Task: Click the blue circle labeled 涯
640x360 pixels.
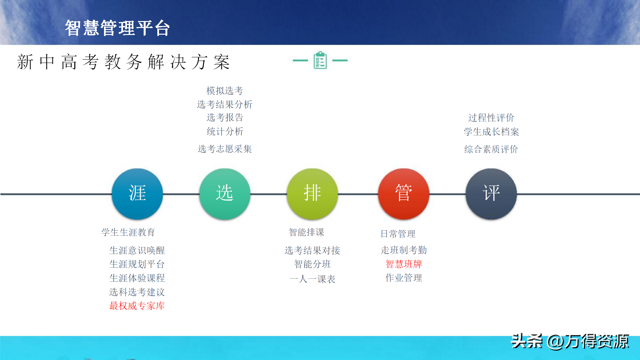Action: click(x=137, y=194)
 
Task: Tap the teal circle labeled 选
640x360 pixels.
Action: click(x=225, y=194)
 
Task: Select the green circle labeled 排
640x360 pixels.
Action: click(x=312, y=194)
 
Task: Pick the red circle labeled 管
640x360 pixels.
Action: click(x=404, y=194)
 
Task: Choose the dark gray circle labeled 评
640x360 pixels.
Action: click(x=491, y=194)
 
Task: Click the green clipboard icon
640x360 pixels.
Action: click(x=320, y=60)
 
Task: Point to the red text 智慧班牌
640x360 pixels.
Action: click(x=404, y=264)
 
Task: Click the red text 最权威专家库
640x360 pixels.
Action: click(x=137, y=306)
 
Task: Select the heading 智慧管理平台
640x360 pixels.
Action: click(x=117, y=28)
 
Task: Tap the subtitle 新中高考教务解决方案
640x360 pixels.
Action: click(x=123, y=62)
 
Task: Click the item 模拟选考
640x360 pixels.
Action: click(x=225, y=91)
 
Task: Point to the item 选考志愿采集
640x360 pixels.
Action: click(x=225, y=149)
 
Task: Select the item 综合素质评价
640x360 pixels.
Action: click(x=491, y=149)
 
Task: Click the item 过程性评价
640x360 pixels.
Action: click(x=491, y=118)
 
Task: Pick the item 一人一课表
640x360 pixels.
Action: click(x=312, y=279)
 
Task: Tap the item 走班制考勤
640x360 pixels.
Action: click(x=404, y=250)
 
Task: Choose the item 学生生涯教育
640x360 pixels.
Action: click(x=128, y=232)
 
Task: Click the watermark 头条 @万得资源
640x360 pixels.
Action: click(x=570, y=341)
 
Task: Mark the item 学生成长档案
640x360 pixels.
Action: click(x=491, y=132)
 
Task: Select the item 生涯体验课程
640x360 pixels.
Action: click(x=137, y=278)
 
